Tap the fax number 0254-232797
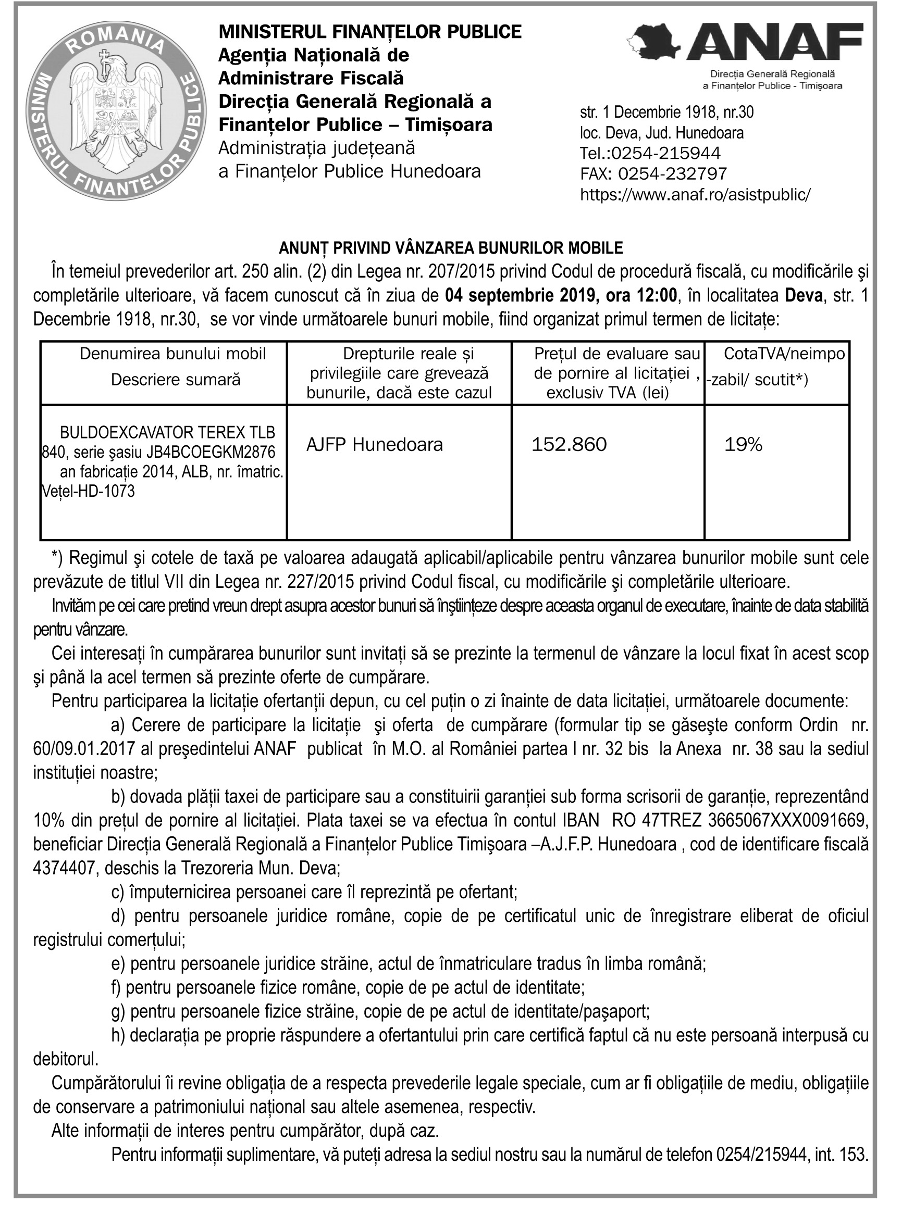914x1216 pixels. click(x=672, y=174)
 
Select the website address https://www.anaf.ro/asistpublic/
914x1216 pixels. click(x=695, y=195)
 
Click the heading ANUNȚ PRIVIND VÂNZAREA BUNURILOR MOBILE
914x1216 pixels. click(x=450, y=248)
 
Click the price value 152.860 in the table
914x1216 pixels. click(x=569, y=444)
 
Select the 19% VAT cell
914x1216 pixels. click(x=743, y=444)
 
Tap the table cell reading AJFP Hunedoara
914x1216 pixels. click(x=374, y=444)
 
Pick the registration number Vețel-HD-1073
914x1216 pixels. click(x=88, y=491)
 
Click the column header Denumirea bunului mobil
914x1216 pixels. click(x=172, y=354)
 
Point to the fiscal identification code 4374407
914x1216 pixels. click(x=65, y=869)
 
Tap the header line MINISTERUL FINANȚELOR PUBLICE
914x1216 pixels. click(x=369, y=32)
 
